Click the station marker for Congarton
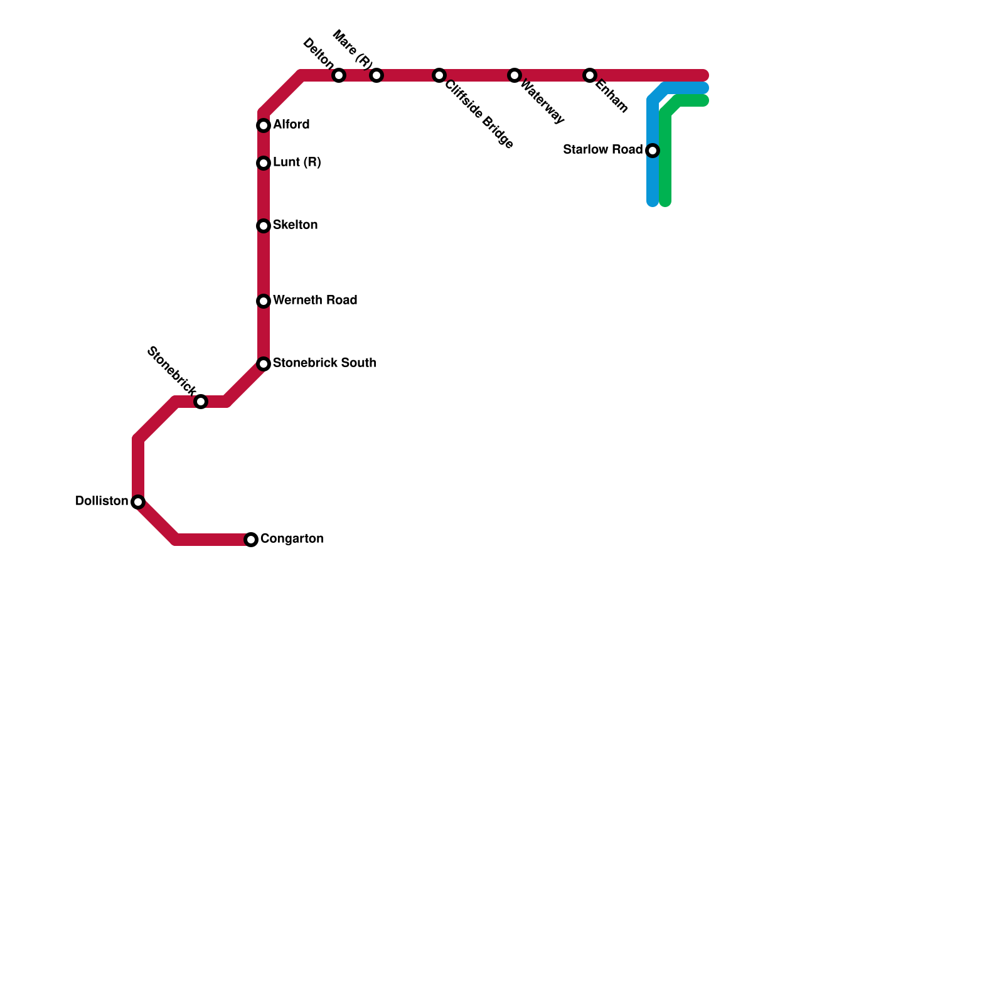(251, 540)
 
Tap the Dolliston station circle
(138, 502)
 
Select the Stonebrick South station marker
(264, 364)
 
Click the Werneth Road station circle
(264, 301)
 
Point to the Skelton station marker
(264, 226)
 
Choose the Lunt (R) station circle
(264, 163)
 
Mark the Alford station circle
(264, 125)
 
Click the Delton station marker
(339, 75)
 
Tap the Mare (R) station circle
(376, 75)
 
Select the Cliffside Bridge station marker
(439, 75)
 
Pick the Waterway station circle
(515, 75)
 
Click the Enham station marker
(590, 75)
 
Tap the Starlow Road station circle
(653, 151)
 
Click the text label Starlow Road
(602, 150)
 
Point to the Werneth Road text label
(315, 301)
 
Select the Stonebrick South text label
(324, 363)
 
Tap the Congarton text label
(292, 539)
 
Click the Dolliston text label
(102, 501)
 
